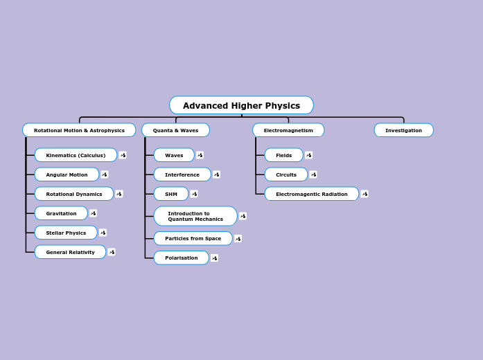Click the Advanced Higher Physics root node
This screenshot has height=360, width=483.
point(241,105)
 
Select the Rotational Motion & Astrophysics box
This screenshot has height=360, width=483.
point(79,130)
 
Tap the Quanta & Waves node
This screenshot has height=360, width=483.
point(175,130)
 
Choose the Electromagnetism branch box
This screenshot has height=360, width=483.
point(288,130)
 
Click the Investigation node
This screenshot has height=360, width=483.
point(403,130)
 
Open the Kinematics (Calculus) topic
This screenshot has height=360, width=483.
point(76,155)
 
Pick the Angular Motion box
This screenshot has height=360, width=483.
point(67,174)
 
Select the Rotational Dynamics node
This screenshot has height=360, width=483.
point(73,194)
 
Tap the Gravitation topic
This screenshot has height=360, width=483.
point(61,213)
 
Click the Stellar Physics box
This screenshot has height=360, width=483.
point(66,233)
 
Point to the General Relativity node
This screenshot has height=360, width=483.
point(70,252)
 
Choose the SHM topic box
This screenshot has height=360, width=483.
point(171,194)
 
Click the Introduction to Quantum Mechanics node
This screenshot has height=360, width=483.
point(195,216)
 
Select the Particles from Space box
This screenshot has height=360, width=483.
point(193,238)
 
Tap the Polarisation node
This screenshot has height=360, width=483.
point(181,258)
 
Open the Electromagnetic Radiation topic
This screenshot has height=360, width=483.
point(311,194)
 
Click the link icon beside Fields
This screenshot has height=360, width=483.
point(308,155)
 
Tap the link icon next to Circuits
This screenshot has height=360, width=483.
point(313,174)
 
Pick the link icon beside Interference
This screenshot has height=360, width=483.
point(216,174)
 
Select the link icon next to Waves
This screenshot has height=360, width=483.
point(200,155)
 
